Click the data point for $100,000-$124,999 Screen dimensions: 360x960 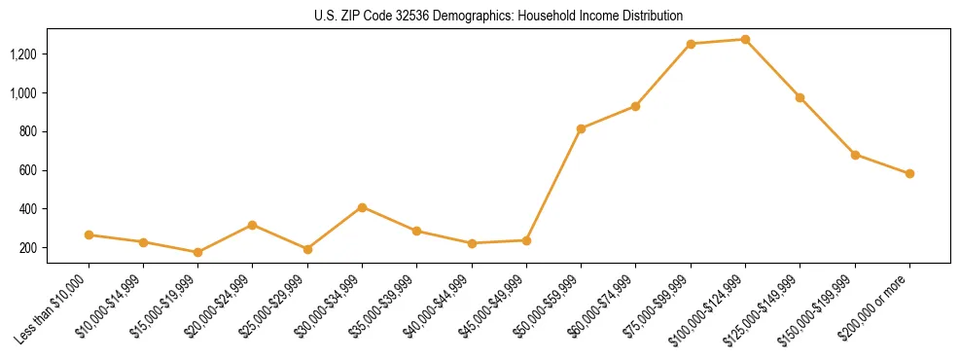(745, 40)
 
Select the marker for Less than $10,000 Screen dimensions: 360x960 (89, 234)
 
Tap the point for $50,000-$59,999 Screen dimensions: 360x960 (581, 128)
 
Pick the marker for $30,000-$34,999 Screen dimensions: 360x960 (362, 207)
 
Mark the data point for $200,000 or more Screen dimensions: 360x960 (909, 174)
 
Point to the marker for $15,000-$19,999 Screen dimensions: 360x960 (197, 252)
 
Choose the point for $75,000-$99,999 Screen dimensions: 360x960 (691, 44)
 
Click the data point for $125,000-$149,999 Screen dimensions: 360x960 (800, 97)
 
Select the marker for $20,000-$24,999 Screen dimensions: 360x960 (253, 225)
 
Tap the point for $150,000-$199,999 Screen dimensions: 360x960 (855, 155)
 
